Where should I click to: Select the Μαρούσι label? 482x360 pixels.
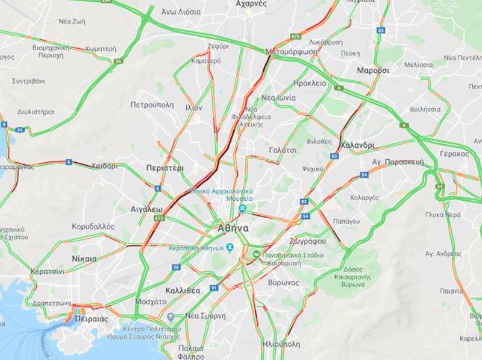373,71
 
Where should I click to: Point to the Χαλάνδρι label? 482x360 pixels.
357,145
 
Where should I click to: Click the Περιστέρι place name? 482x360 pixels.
165,168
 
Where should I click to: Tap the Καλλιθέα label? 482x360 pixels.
182,290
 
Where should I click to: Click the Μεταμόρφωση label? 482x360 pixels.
292,52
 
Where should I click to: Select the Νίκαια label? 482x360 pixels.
84,259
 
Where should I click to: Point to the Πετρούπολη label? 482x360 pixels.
152,104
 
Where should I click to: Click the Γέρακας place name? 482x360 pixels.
454,154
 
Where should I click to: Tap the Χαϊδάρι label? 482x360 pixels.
104,166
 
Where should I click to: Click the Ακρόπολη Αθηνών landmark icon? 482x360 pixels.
229,247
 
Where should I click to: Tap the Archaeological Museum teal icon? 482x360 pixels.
242,209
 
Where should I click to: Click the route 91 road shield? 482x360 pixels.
214,288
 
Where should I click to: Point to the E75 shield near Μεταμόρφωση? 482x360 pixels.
295,37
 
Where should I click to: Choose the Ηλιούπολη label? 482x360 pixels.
281,344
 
